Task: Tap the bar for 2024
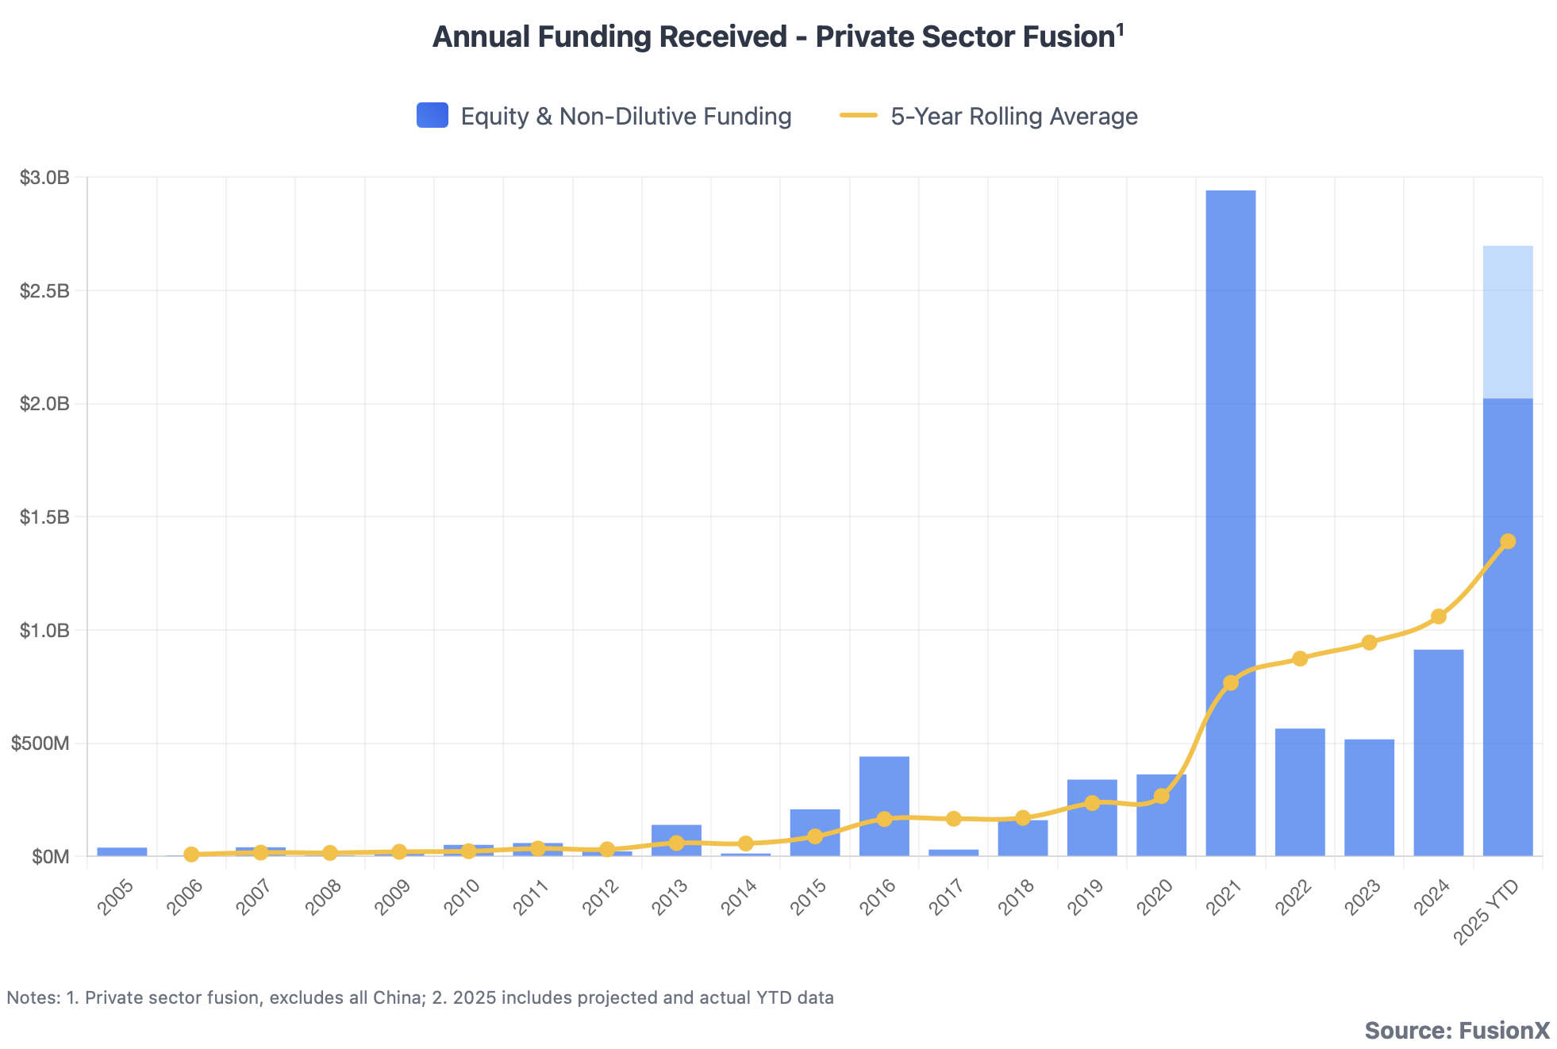coord(1438,754)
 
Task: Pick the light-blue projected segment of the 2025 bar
coord(1508,322)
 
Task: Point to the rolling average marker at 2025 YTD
coord(1508,541)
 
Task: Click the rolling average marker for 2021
coord(1231,682)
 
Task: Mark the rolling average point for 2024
coord(1439,617)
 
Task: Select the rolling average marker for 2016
coord(884,819)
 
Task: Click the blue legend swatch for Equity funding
coord(432,116)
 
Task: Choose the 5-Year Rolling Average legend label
coord(1013,117)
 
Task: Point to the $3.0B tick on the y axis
coord(44,178)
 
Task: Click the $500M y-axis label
coord(40,744)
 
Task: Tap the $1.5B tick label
coord(44,517)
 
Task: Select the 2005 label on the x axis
coord(116,897)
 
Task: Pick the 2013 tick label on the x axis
coord(670,897)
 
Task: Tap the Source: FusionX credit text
coord(1457,1030)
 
